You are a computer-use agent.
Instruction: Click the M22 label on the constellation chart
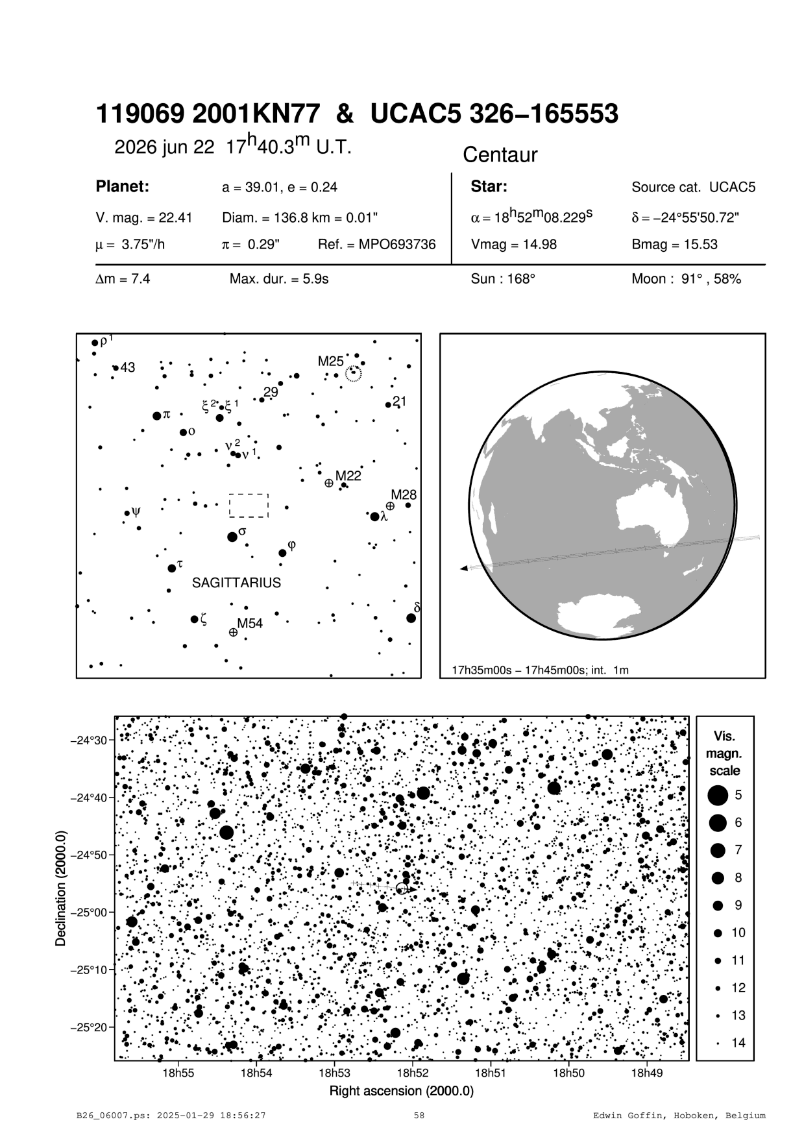(x=348, y=475)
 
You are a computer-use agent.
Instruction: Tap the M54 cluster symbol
(x=233, y=631)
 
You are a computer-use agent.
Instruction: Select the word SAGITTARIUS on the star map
(x=236, y=583)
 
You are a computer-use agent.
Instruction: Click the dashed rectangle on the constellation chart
(x=249, y=506)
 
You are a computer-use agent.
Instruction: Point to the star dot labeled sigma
(x=232, y=537)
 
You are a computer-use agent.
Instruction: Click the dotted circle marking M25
(x=354, y=374)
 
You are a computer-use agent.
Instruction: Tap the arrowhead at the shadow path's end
(x=463, y=568)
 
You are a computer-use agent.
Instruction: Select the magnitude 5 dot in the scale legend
(x=718, y=794)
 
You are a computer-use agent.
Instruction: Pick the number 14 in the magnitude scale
(x=738, y=1043)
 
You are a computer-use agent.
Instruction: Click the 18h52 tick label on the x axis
(x=413, y=1073)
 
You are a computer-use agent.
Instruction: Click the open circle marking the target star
(x=402, y=888)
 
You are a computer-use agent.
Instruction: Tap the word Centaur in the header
(x=500, y=155)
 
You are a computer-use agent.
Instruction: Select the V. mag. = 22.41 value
(x=143, y=217)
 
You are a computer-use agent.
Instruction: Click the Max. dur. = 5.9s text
(x=279, y=280)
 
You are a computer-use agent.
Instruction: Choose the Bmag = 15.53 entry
(x=674, y=245)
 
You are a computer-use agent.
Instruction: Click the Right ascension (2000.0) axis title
(x=402, y=1090)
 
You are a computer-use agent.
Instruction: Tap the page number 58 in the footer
(x=419, y=1116)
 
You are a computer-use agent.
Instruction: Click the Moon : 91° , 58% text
(x=686, y=280)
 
